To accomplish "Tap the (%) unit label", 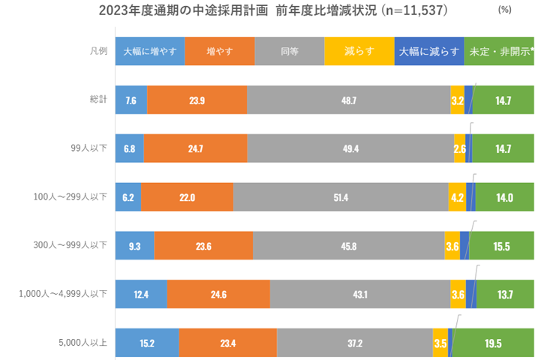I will coord(504,11).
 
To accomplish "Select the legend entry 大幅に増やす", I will coord(149,52).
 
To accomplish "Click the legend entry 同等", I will coord(290,52).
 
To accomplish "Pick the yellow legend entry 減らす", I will coord(359,52).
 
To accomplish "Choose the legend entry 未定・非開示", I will coord(499,52).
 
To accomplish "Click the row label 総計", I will coord(98,100).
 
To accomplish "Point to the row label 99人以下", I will coord(90,148).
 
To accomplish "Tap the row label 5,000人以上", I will coord(85,343).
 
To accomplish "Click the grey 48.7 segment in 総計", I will coord(348,100).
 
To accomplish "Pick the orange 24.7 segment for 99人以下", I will coord(195,148).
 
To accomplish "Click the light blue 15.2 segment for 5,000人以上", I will coord(147,343).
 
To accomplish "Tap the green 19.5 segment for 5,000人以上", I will coord(493,343).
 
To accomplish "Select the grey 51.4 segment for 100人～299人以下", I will coord(341,197).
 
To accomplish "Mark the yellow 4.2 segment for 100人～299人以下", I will coord(457,197).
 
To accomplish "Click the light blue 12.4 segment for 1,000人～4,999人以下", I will coord(141,295).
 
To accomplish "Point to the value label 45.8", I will coord(348,246).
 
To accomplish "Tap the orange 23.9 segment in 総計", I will coord(197,100).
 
